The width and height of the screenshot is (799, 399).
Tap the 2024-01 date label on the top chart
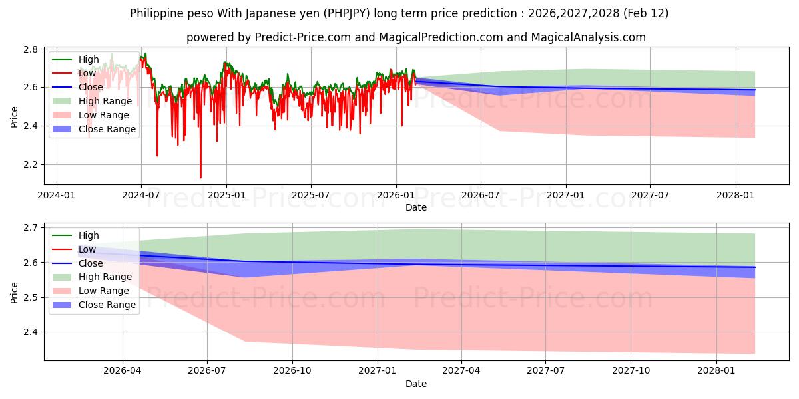(57, 196)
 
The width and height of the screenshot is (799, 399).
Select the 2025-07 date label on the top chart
(311, 196)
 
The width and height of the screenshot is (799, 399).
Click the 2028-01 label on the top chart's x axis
(735, 196)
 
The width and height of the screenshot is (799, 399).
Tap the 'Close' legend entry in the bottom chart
(91, 263)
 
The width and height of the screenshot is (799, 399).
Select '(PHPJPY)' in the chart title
(364, 13)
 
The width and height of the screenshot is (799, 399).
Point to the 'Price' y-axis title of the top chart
(15, 116)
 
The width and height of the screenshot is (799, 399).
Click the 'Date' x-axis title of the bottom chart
(416, 384)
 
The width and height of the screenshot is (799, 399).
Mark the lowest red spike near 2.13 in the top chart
(200, 177)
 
